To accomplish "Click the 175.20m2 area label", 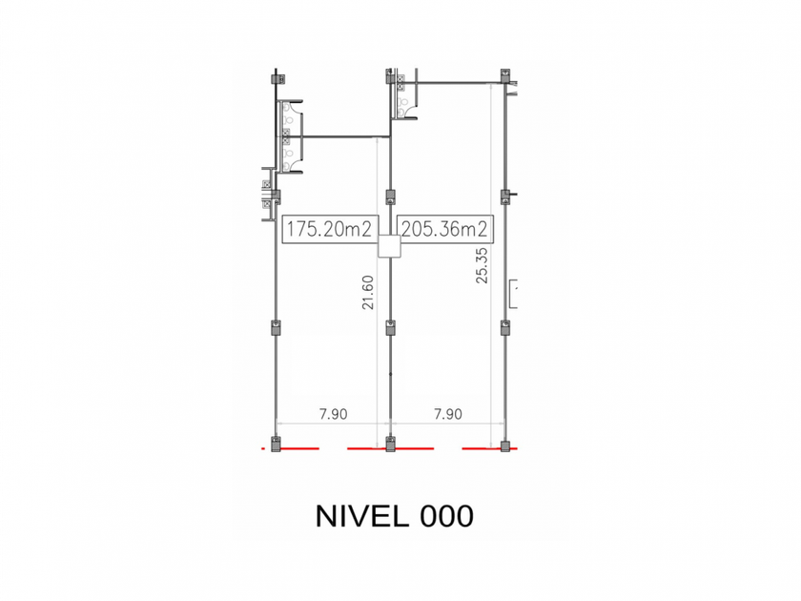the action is click(330, 228).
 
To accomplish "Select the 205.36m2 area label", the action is click(444, 228).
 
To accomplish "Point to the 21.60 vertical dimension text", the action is click(368, 292).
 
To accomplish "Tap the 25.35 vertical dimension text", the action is click(482, 266).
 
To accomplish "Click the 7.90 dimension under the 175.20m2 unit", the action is click(333, 414).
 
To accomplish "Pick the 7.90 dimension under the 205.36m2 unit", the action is click(448, 414).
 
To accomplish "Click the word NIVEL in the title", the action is click(362, 516).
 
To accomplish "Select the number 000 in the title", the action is click(446, 516).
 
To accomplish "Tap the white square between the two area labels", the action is click(389, 246).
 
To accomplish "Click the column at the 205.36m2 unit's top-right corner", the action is click(505, 75).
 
